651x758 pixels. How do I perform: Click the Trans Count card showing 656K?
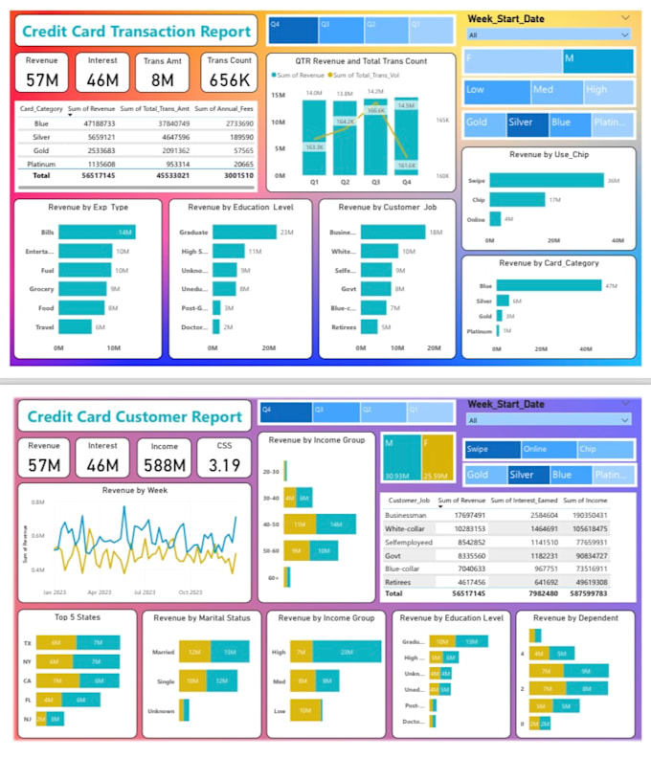pyautogui.click(x=230, y=72)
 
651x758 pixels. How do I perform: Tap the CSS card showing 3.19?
pyautogui.click(x=223, y=457)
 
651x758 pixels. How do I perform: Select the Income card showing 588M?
pyautogui.click(x=164, y=457)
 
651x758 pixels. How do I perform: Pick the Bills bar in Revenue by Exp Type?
pyautogui.click(x=97, y=233)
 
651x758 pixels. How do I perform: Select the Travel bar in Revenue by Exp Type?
pyautogui.click(x=75, y=327)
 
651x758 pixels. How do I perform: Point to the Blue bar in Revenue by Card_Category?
pyautogui.click(x=550, y=285)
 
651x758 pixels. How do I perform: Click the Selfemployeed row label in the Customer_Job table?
pyautogui.click(x=409, y=541)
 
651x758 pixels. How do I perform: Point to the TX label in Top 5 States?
pyautogui.click(x=27, y=642)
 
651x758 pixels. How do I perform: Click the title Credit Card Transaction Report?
pyautogui.click(x=137, y=31)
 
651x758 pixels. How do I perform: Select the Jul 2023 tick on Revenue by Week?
pyautogui.click(x=145, y=592)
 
